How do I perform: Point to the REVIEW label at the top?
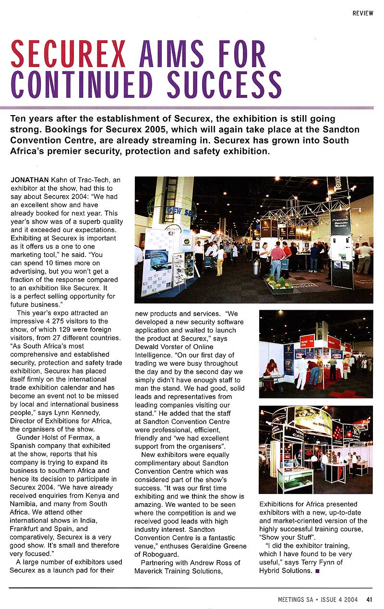(x=362, y=13)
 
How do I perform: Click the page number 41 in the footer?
(x=369, y=598)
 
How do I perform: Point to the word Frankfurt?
(x=25, y=528)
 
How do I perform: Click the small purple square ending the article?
(x=317, y=571)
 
